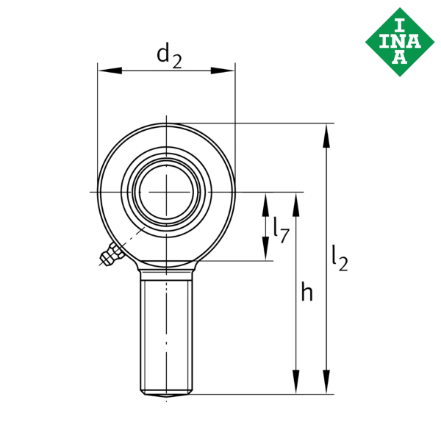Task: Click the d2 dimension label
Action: (169, 55)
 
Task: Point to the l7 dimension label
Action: (280, 230)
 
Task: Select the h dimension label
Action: (308, 293)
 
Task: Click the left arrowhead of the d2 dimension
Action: (110, 71)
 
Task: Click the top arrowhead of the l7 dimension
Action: (266, 202)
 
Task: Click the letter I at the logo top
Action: (399, 21)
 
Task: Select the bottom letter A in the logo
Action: (399, 57)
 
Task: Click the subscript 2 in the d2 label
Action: (176, 61)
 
